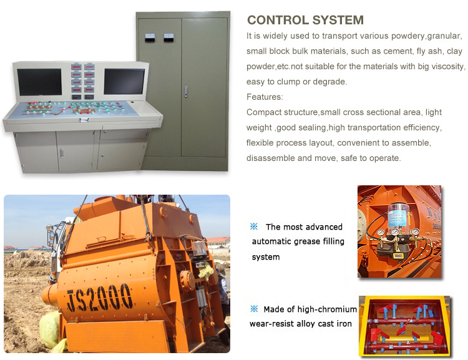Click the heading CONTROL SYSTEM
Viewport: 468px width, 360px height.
click(x=305, y=20)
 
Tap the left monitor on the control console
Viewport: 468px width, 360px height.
click(x=39, y=82)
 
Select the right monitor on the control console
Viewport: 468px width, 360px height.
click(x=124, y=82)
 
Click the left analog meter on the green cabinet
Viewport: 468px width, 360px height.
click(x=150, y=37)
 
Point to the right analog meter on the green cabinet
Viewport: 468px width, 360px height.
click(x=169, y=37)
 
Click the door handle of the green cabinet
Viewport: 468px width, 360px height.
click(x=186, y=92)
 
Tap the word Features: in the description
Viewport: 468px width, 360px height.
click(x=265, y=97)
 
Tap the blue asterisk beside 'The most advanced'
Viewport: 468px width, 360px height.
click(x=254, y=226)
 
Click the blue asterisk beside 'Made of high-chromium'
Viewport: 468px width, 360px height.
click(x=254, y=309)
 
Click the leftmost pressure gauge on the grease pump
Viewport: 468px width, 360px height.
click(x=381, y=232)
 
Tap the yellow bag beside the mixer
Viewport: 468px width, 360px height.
click(x=51, y=331)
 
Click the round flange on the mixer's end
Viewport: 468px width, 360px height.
click(x=187, y=280)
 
